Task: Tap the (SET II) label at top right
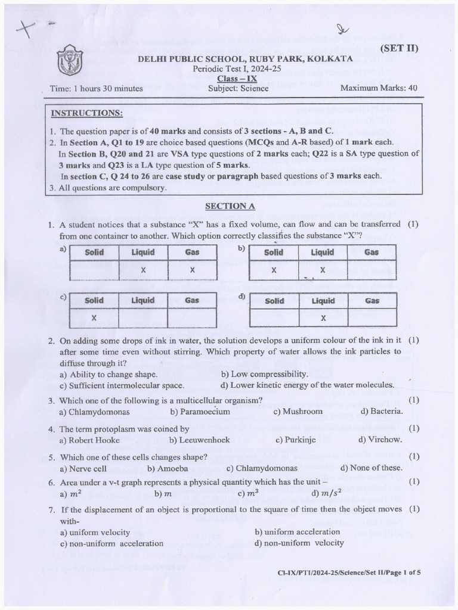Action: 398,48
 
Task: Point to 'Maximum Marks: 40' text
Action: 378,88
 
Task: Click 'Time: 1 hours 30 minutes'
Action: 97,89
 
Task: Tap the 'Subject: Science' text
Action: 239,88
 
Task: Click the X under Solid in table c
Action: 94,318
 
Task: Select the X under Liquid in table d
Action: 323,318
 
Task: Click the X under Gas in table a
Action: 192,270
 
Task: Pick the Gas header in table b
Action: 372,252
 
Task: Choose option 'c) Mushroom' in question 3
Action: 298,412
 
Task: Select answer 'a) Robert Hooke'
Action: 89,440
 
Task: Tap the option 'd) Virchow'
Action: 380,440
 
